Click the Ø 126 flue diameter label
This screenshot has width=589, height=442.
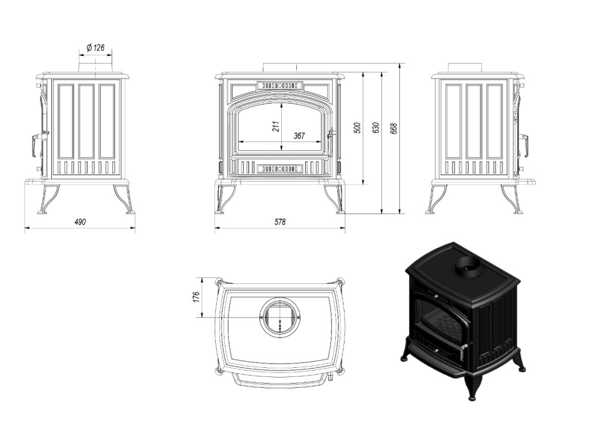[x=95, y=47]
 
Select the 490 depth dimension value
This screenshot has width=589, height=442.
[x=80, y=222]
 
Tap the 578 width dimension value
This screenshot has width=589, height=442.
[x=280, y=222]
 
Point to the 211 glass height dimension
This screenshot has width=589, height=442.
[x=276, y=126]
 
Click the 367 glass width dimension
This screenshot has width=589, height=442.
[x=299, y=136]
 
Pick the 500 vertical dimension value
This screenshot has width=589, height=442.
[x=357, y=127]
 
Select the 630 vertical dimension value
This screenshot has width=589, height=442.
[x=376, y=127]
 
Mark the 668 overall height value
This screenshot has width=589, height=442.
[x=394, y=128]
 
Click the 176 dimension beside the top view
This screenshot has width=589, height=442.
[x=196, y=297]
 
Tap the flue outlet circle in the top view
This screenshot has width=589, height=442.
[x=280, y=318]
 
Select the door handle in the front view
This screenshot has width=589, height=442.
[x=331, y=135]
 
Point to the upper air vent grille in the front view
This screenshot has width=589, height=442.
[x=280, y=85]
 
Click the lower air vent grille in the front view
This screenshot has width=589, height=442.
[x=280, y=169]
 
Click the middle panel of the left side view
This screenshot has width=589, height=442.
[x=86, y=121]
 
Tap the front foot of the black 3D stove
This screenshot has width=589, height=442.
[x=472, y=391]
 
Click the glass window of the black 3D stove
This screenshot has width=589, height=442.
[x=440, y=322]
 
